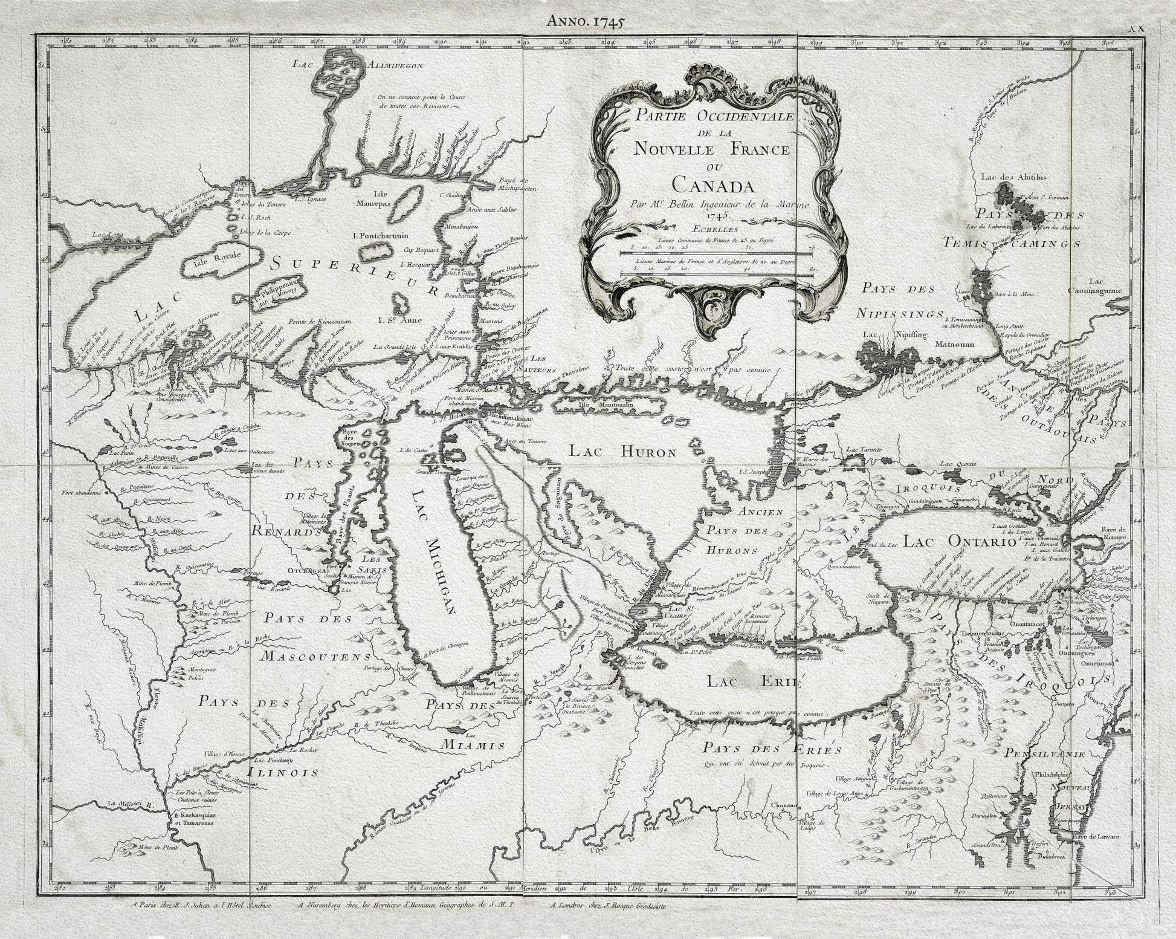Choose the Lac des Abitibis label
point(1008,177)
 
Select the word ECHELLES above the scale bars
point(716,229)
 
